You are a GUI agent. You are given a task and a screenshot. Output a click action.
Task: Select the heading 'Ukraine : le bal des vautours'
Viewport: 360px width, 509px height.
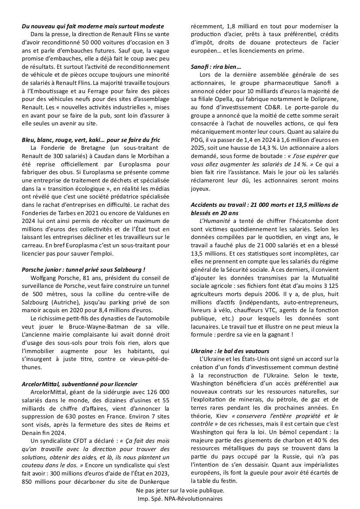230,351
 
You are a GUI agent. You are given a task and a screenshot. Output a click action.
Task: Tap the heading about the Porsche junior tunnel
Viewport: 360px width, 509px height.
83,270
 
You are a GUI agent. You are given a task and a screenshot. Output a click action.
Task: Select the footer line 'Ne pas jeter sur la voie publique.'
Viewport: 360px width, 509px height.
180,490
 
